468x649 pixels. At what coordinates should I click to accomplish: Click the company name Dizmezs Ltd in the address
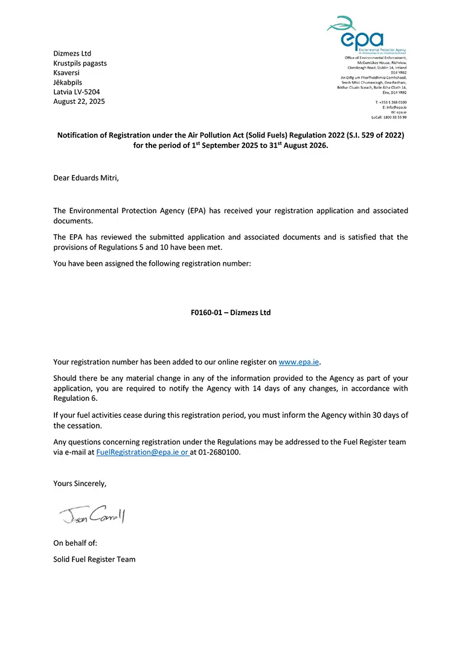pyautogui.click(x=72, y=54)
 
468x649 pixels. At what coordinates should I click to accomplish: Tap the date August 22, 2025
pyautogui.click(x=79, y=101)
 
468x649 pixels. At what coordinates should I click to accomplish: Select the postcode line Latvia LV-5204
pyautogui.click(x=77, y=92)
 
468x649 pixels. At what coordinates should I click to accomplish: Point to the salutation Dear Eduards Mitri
pyautogui.click(x=86, y=178)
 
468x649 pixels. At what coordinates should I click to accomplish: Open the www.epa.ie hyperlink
pyautogui.click(x=298, y=362)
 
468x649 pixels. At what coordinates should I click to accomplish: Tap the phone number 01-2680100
pyautogui.click(x=219, y=452)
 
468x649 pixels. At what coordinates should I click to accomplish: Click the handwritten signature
pyautogui.click(x=92, y=514)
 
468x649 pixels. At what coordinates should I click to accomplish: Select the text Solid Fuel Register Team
pyautogui.click(x=94, y=559)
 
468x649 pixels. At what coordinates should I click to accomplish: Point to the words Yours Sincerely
pyautogui.click(x=80, y=484)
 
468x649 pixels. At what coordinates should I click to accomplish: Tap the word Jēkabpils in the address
pyautogui.click(x=68, y=82)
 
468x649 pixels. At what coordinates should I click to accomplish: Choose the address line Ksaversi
pyautogui.click(x=66, y=72)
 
